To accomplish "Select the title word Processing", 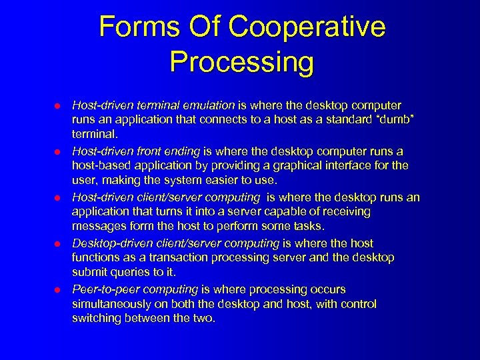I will pos(241,62).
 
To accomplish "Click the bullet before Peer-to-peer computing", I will pos(57,290).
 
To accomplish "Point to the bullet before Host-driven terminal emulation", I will pos(57,106).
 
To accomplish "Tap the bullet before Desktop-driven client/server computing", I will pos(57,244).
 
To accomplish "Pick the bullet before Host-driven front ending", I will pos(57,152).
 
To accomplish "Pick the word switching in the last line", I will pos(95,318).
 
